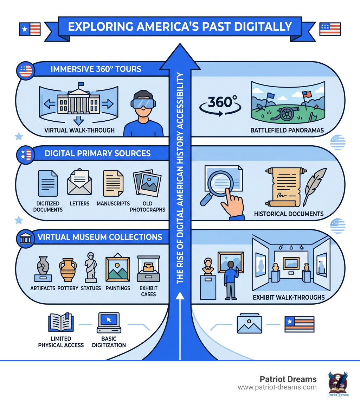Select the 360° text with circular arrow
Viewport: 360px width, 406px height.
coord(220,103)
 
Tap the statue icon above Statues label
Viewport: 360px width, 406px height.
coord(91,267)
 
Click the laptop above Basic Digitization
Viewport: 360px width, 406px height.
coord(109,324)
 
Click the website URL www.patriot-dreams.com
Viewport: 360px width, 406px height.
coord(277,387)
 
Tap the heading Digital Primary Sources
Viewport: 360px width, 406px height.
coord(98,153)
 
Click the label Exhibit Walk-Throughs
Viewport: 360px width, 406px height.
coord(289,297)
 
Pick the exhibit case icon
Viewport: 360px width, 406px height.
coord(148,269)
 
